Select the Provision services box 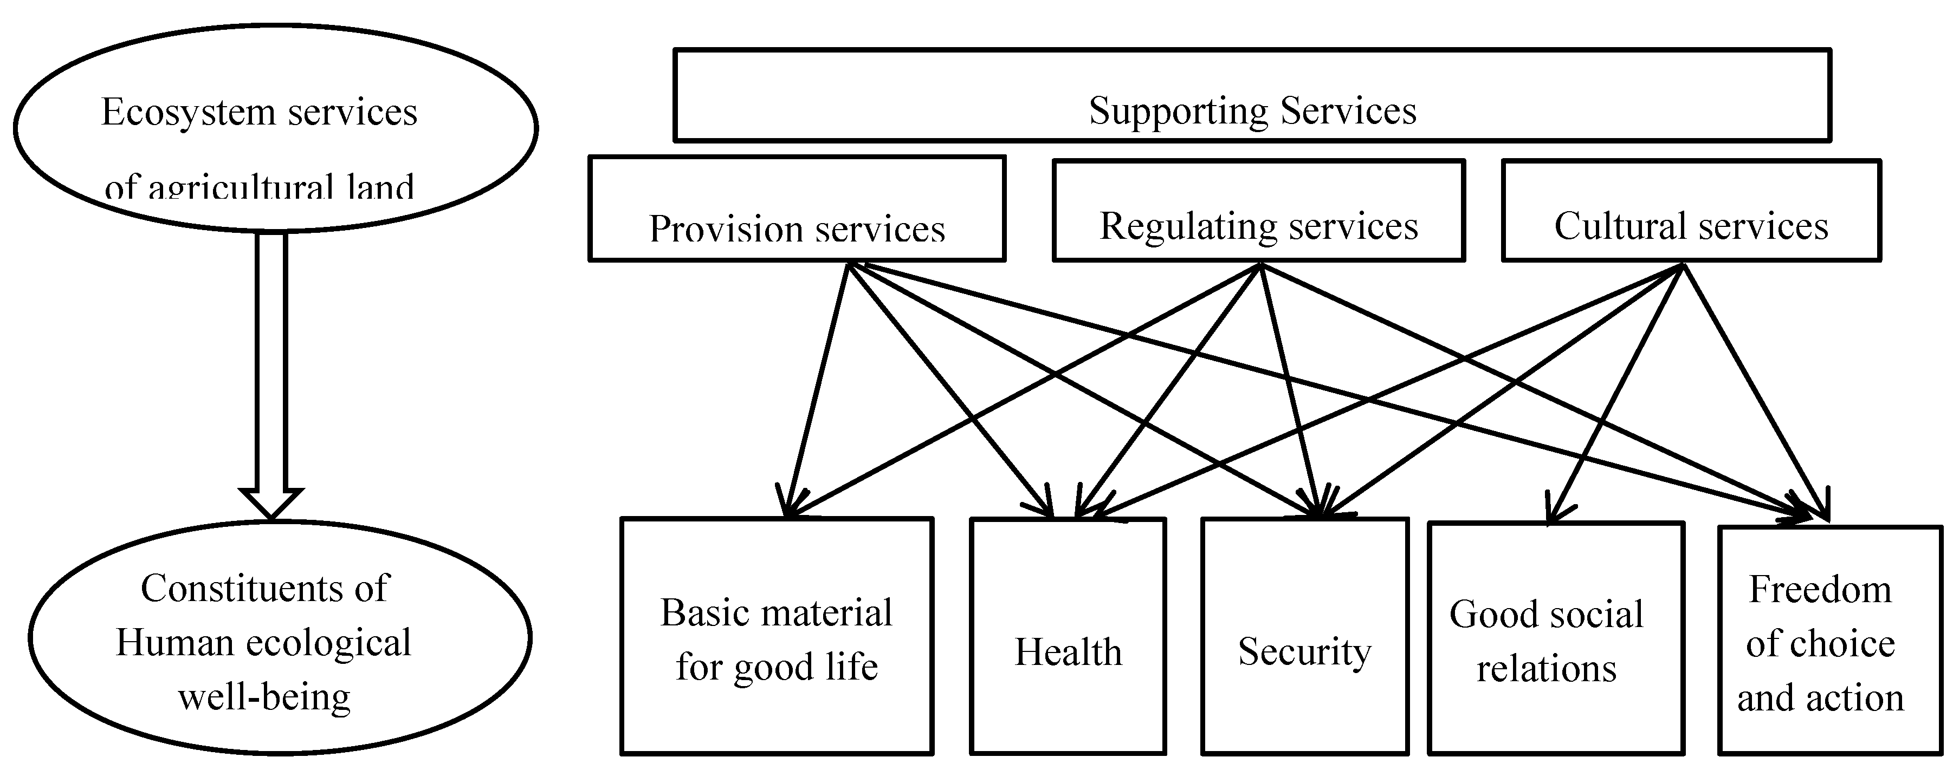pos(797,209)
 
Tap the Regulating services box pos(1258,211)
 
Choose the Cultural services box pos(1691,211)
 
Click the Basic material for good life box pos(777,637)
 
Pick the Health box pos(1068,637)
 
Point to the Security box pos(1304,637)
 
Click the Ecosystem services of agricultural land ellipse pos(275,127)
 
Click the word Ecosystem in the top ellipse pos(188,112)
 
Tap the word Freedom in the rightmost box pos(1820,590)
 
